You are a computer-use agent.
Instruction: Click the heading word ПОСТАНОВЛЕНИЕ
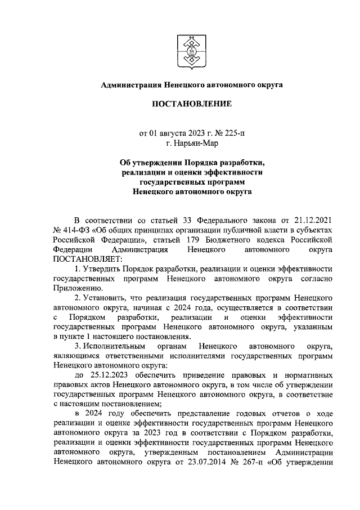(191, 104)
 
